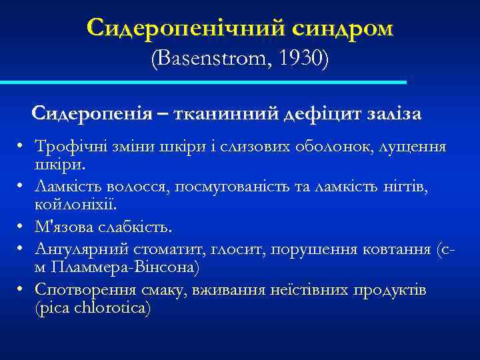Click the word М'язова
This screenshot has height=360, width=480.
[x=63, y=227]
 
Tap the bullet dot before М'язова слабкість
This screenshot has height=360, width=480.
[x=22, y=228]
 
